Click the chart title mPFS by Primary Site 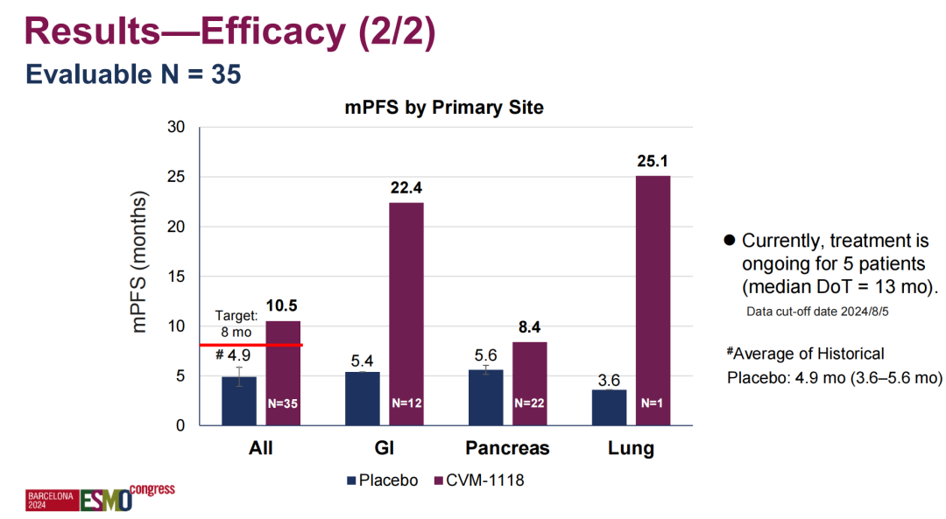(x=442, y=108)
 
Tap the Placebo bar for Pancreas (x=485, y=398)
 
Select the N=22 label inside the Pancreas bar (x=529, y=403)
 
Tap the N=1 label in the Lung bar (x=652, y=403)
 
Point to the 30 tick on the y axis (x=175, y=128)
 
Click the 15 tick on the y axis (x=176, y=277)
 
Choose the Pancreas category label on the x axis (x=507, y=448)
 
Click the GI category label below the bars (x=384, y=448)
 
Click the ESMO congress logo (x=101, y=496)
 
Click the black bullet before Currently (x=728, y=241)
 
